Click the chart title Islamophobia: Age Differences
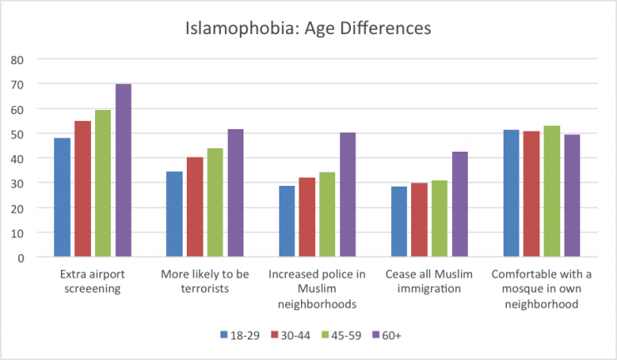pos(308,28)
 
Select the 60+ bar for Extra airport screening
pos(123,171)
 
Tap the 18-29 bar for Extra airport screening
pos(62,197)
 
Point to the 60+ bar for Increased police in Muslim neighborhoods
pos(348,195)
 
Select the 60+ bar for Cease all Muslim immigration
pos(460,204)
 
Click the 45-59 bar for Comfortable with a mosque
pos(551,192)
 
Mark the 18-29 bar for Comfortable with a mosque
pos(510,193)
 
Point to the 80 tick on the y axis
pos(18,60)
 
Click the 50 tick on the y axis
pos(18,134)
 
